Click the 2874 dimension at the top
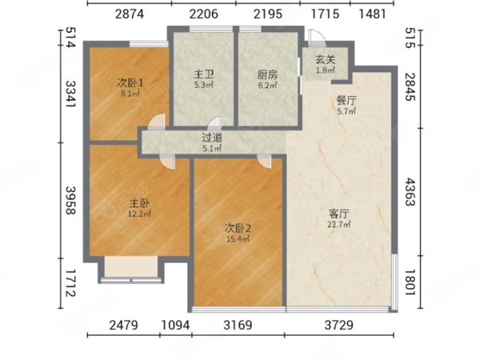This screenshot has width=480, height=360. (129, 14)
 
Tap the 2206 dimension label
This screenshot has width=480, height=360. (203, 14)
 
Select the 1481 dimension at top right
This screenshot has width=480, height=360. (372, 14)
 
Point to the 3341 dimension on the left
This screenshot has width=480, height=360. (70, 94)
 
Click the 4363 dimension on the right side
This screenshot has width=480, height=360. (410, 193)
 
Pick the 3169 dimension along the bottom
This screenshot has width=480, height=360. (238, 325)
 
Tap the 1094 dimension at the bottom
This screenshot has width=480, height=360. (175, 325)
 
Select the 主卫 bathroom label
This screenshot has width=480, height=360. (203, 74)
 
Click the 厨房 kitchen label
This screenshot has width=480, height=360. (267, 74)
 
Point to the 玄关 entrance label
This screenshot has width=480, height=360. (326, 60)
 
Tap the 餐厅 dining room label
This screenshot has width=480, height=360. (346, 101)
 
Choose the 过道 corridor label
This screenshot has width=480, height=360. (211, 138)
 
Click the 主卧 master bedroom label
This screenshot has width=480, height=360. (139, 203)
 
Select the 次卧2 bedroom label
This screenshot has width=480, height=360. (238, 228)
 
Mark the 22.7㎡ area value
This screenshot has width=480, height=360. (339, 225)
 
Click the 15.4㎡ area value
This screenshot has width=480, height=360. (238, 239)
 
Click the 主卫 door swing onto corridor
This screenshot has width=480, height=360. (214, 122)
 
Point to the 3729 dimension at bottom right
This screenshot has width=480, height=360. (339, 325)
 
